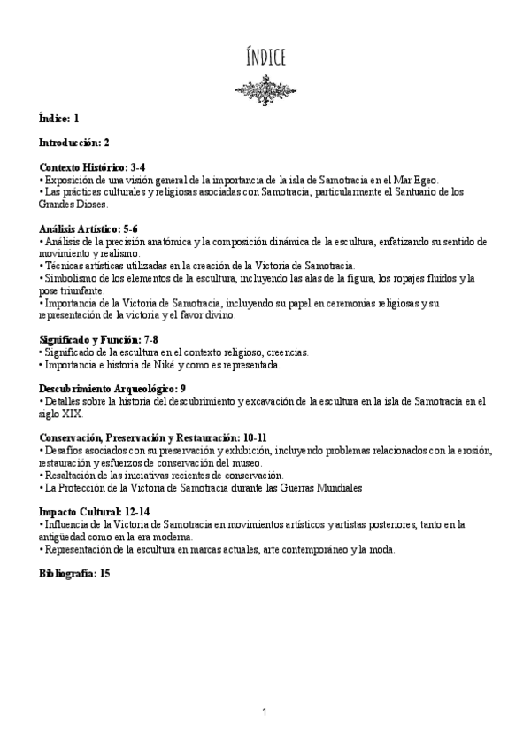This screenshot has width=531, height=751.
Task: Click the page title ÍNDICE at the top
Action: click(265, 59)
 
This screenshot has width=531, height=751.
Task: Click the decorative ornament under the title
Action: click(265, 88)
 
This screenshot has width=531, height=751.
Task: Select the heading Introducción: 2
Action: click(74, 142)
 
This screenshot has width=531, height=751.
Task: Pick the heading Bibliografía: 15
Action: click(74, 574)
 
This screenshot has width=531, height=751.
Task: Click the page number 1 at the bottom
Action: click(265, 712)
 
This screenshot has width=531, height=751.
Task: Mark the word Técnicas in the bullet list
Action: click(65, 266)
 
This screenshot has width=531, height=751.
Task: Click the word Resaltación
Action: click(73, 475)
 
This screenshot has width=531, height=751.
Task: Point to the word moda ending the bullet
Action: click(382, 549)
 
